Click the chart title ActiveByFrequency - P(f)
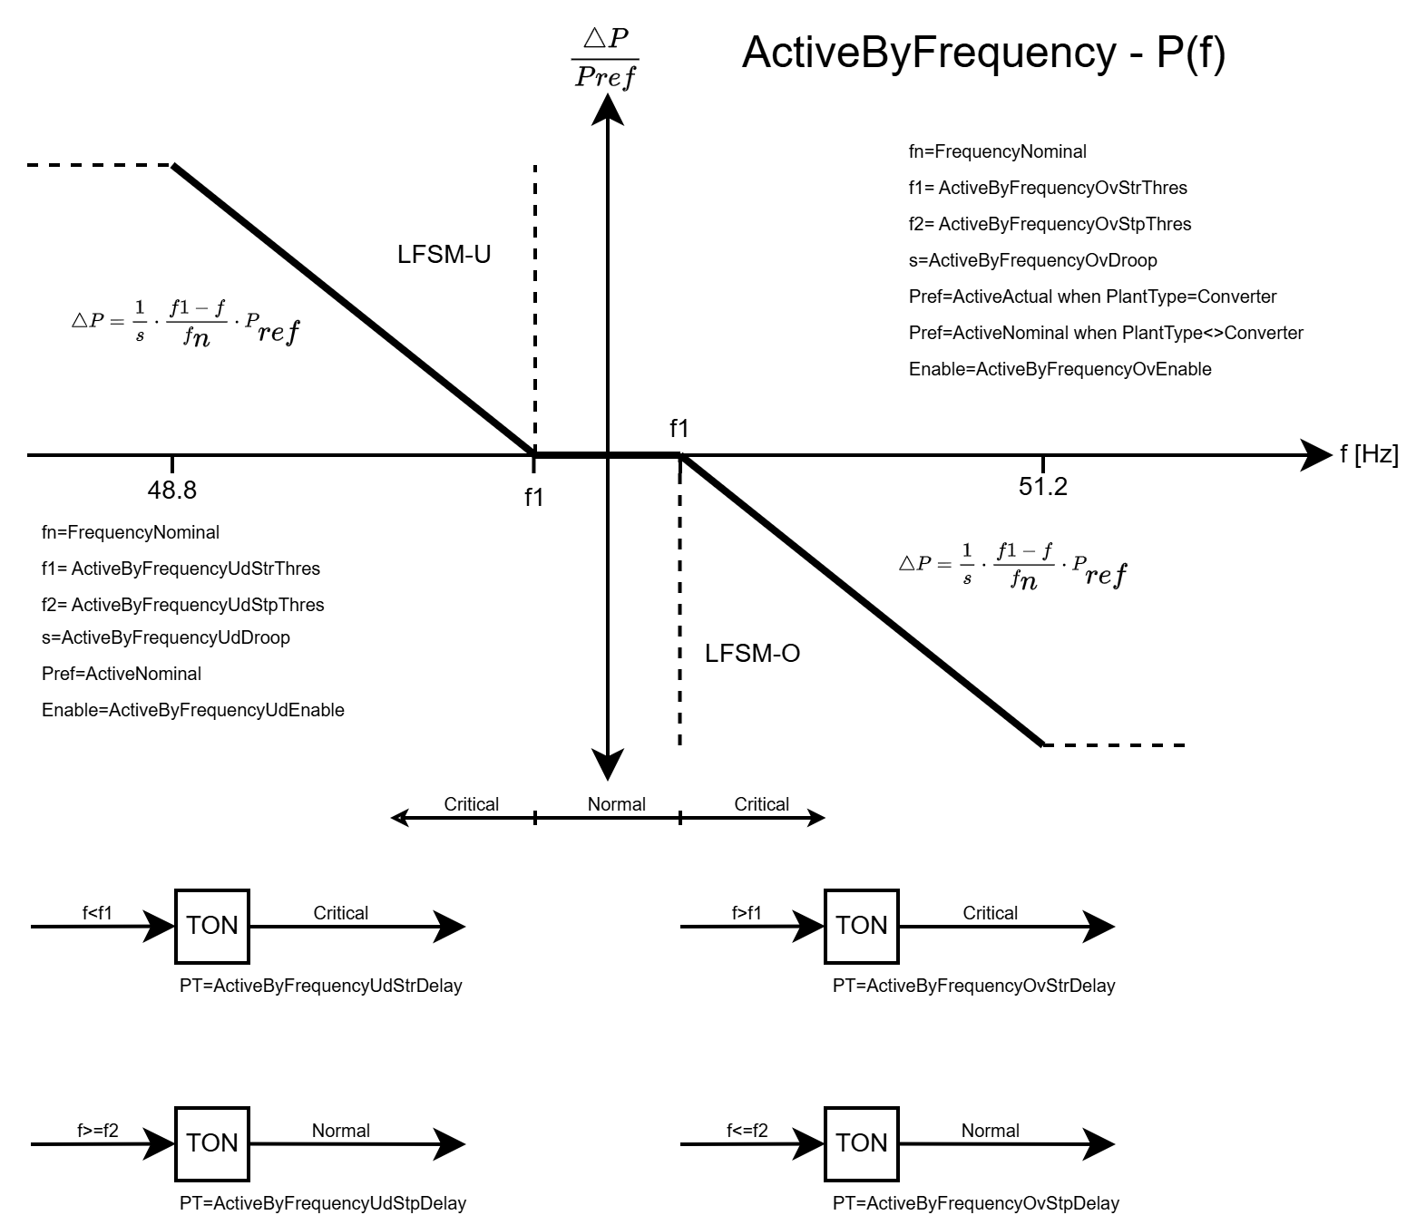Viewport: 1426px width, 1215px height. click(983, 53)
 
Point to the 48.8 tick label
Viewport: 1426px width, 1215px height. click(172, 491)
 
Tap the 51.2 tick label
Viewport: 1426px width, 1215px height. click(1043, 487)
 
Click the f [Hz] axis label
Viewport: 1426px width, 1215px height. click(1369, 454)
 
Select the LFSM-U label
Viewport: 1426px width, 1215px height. click(444, 255)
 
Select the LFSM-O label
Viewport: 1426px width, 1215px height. click(752, 654)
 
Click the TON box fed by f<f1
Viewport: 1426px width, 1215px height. click(212, 926)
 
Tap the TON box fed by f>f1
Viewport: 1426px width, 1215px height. click(862, 926)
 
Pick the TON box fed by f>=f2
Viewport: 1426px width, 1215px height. click(212, 1143)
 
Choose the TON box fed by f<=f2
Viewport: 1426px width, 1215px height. click(862, 1143)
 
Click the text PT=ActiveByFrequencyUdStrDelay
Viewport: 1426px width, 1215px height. click(321, 986)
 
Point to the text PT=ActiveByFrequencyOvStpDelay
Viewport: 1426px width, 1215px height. click(976, 1203)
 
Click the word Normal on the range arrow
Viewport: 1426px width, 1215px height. click(617, 804)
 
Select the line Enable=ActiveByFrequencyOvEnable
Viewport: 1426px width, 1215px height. click(1060, 369)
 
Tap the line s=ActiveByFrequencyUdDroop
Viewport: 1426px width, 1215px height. click(166, 637)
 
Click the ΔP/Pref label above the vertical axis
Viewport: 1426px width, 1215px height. click(606, 57)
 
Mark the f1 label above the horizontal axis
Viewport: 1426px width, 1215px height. click(679, 428)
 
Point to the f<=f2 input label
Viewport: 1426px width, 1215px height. click(747, 1131)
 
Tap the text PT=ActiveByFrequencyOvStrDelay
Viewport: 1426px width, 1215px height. click(974, 986)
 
